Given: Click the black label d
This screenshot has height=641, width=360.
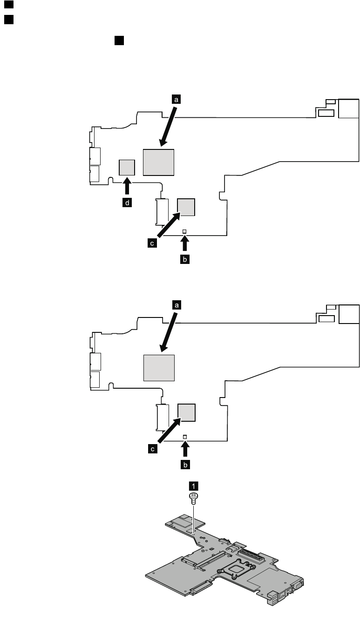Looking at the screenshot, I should (127, 203).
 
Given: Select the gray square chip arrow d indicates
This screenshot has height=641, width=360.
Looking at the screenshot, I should (127, 167).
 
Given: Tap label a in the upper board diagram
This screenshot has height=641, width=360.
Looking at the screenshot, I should (176, 99).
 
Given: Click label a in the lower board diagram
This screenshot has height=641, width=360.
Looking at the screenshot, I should (176, 305).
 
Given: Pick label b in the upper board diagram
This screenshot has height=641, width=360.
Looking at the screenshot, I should (185, 259).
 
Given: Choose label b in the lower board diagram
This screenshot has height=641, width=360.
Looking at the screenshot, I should (185, 465).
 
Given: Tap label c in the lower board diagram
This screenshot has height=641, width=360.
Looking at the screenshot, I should (152, 449).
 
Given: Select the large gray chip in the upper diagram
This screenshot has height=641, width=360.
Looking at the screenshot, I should (158, 162).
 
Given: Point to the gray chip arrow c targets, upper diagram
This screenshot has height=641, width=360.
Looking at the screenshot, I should (187, 207).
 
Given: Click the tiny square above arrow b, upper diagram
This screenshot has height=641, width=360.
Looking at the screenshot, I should (185, 231).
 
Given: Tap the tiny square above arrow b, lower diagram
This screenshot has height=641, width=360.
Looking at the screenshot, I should (185, 437).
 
